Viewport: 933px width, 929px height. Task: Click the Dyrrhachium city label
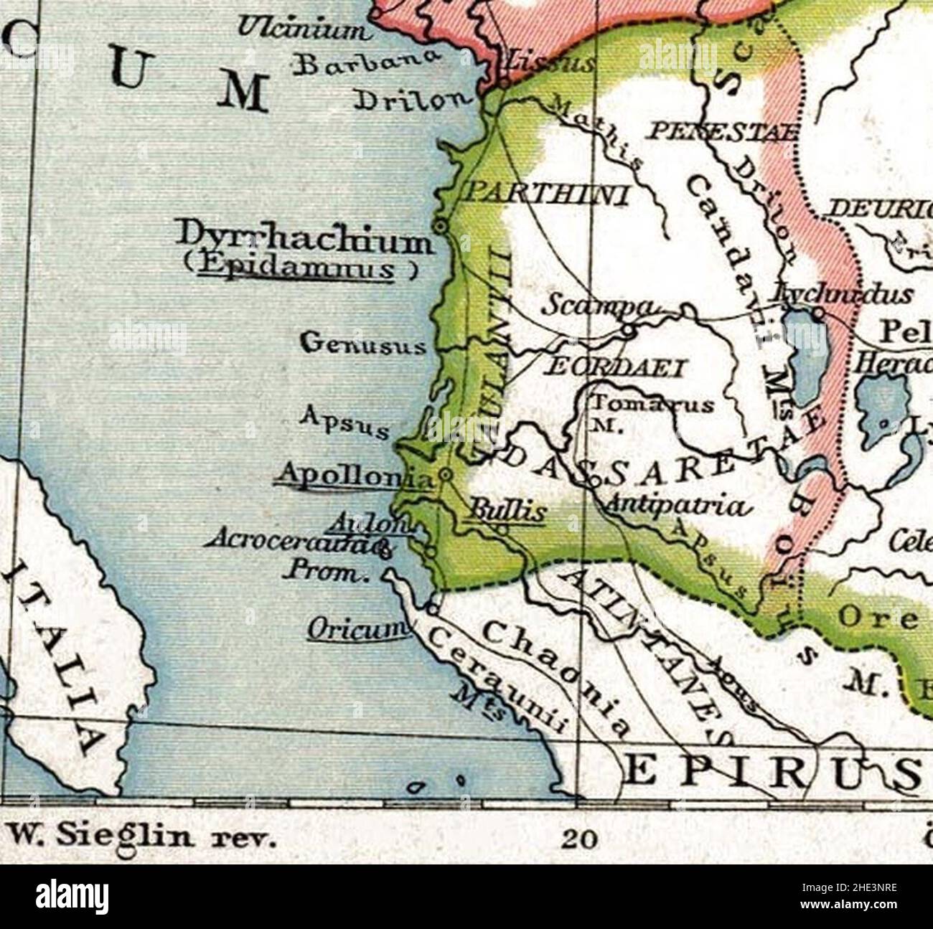tap(305, 239)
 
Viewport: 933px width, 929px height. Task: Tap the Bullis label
tap(506, 511)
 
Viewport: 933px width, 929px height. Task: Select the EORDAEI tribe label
tap(616, 367)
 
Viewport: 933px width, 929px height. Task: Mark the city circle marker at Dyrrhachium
tap(441, 225)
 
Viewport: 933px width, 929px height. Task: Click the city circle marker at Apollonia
tap(446, 474)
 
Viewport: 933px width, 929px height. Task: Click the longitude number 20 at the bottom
tap(579, 839)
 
